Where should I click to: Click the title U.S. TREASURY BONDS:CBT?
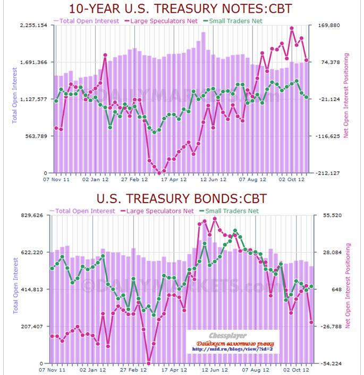(x=182, y=199)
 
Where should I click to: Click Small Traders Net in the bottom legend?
(x=232, y=211)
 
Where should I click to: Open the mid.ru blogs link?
(x=232, y=349)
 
